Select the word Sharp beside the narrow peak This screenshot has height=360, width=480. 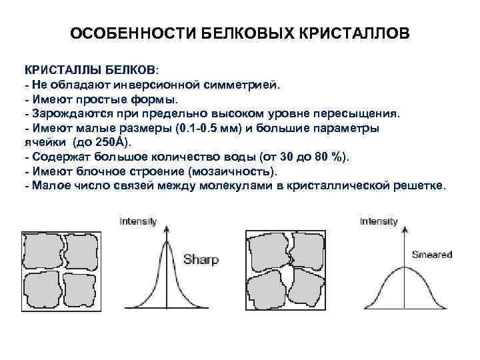201,259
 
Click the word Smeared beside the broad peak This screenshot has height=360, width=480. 431,254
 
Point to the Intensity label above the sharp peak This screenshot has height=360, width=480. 138,221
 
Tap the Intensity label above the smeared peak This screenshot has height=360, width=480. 379,221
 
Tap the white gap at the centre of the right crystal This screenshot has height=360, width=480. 288,273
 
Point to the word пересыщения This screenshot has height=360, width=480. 363,113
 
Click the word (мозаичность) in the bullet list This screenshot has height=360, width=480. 230,171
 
